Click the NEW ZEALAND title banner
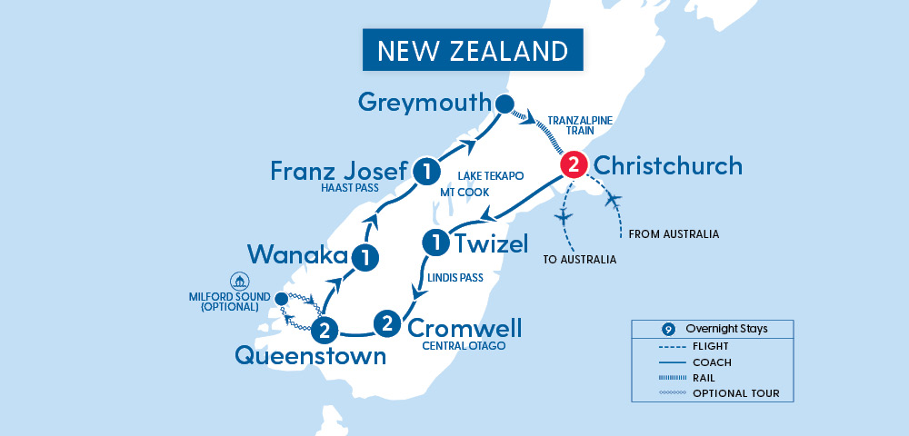tap(472, 50)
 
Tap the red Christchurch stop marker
tap(573, 165)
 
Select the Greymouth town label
tap(424, 102)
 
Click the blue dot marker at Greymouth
tap(504, 103)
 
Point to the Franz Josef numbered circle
tap(423, 170)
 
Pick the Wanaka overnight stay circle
tap(365, 257)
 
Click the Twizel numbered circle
tap(436, 243)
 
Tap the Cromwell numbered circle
tap(387, 322)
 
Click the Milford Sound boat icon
tap(240, 280)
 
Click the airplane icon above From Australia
tap(612, 200)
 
